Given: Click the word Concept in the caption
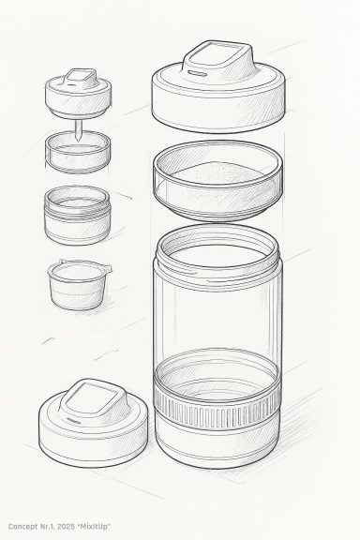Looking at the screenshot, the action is (x=23, y=527).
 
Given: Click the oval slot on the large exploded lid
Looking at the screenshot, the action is (x=198, y=74).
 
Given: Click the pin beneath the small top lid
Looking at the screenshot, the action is (x=79, y=130).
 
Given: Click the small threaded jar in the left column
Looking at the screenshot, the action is (x=77, y=216).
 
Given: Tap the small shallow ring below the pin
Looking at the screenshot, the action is (x=78, y=152).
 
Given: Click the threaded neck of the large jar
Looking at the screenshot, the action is (x=217, y=257).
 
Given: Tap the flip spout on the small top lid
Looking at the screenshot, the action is (x=80, y=78).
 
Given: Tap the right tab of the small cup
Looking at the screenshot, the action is (x=107, y=267).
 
